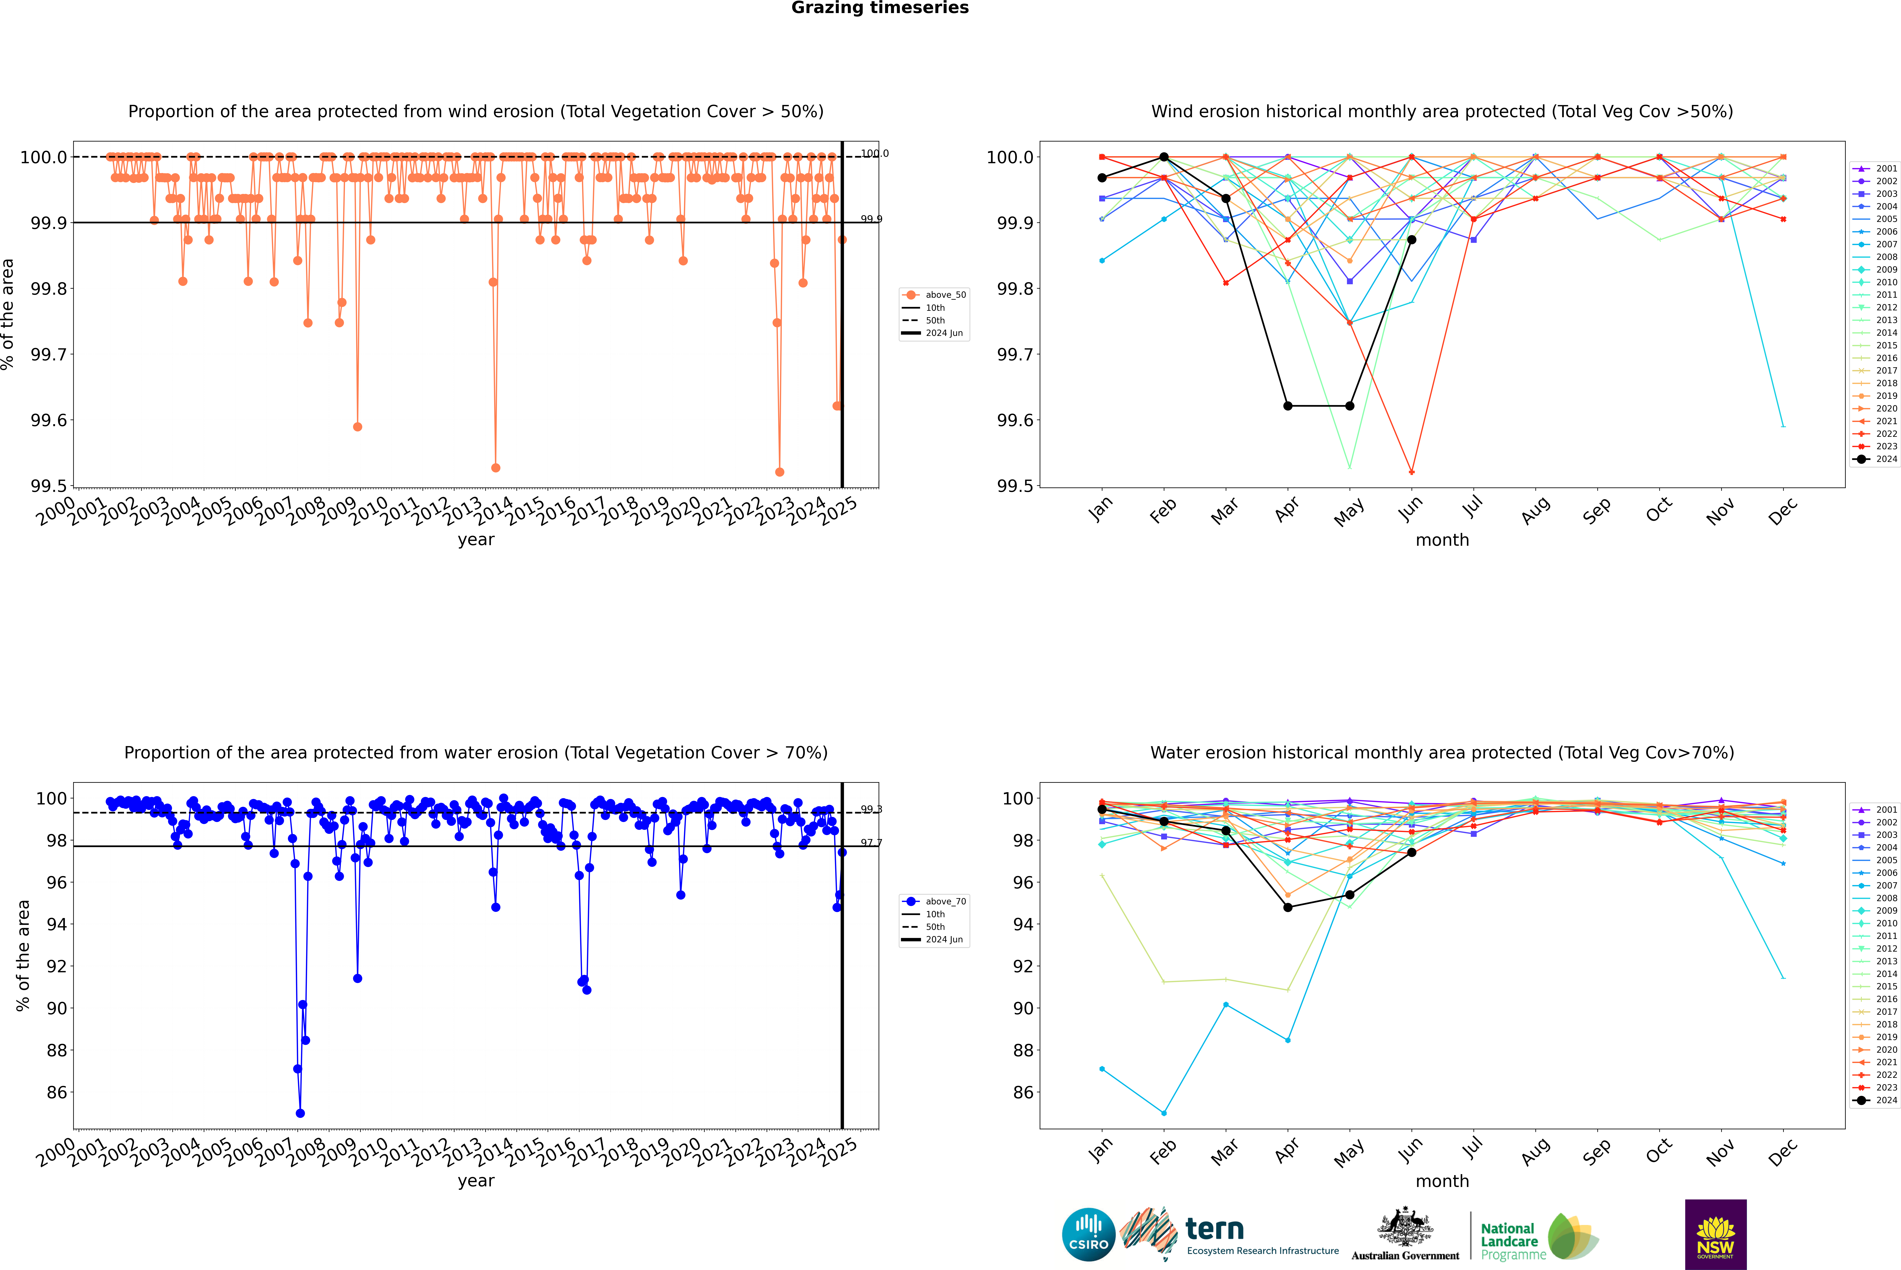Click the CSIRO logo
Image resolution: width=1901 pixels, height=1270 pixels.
(x=1088, y=1234)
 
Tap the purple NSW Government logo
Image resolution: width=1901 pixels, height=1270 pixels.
(x=1715, y=1234)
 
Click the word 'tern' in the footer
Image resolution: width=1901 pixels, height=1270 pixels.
(x=1214, y=1229)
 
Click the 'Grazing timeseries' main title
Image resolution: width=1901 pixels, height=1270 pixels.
(x=880, y=8)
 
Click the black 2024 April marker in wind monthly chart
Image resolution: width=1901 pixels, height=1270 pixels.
(x=1288, y=406)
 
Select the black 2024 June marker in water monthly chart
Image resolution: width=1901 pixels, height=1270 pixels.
(x=1412, y=852)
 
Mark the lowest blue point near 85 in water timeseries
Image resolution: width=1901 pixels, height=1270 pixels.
(x=300, y=1113)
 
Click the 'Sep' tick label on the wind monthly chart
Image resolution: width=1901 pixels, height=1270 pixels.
(x=1596, y=511)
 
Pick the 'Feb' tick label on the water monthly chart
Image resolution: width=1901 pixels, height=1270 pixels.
(x=1163, y=1152)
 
